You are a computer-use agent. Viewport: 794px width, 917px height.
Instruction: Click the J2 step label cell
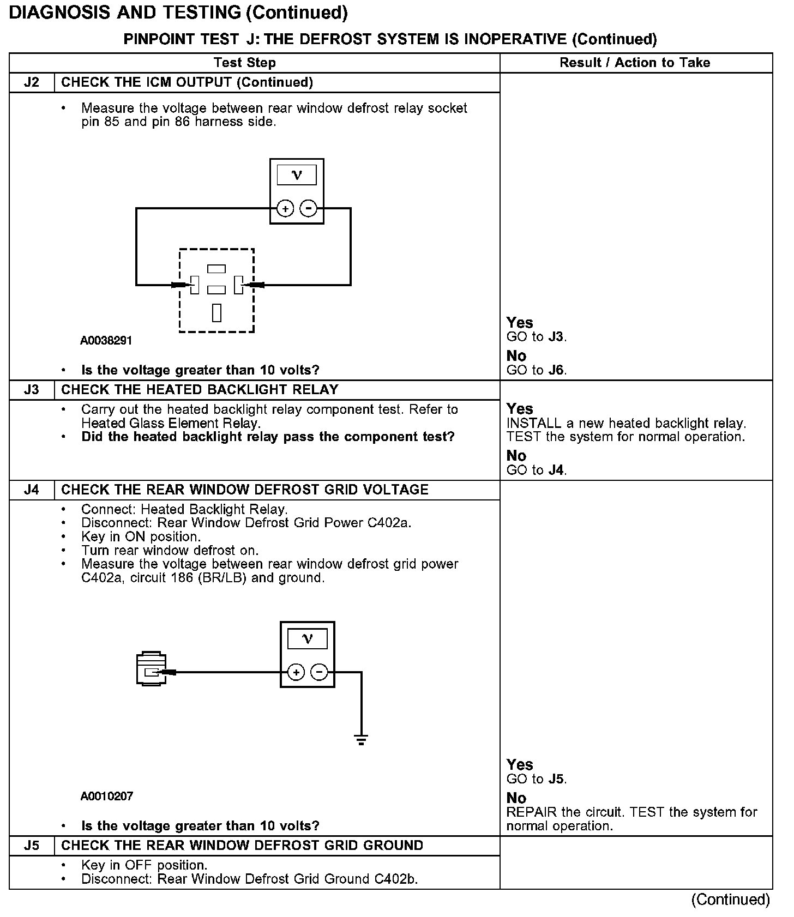32,82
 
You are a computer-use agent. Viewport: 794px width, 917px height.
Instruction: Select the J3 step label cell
32,390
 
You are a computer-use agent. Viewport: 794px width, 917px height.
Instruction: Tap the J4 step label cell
32,490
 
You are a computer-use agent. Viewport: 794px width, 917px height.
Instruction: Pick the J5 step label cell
32,846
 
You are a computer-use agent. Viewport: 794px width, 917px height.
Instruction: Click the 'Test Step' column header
244,63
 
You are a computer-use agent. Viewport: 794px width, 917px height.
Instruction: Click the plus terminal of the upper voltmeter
285,208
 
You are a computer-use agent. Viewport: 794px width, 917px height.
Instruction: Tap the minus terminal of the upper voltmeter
309,208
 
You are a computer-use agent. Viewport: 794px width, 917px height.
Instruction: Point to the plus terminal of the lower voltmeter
296,672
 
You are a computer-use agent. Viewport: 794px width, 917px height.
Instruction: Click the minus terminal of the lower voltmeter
319,672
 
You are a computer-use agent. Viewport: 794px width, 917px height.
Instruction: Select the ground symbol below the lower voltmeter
361,740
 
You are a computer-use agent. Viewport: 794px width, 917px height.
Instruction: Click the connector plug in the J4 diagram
151,668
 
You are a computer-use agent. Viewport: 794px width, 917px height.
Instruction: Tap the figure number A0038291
106,341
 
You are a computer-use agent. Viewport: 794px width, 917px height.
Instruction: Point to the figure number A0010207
107,797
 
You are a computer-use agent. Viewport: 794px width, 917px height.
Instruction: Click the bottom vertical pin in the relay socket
217,312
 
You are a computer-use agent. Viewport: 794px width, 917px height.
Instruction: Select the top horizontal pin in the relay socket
216,268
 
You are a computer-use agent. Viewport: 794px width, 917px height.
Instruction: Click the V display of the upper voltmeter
297,175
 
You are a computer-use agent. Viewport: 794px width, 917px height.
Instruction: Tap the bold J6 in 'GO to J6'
556,370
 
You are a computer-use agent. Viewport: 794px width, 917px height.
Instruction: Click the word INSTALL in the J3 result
533,423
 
